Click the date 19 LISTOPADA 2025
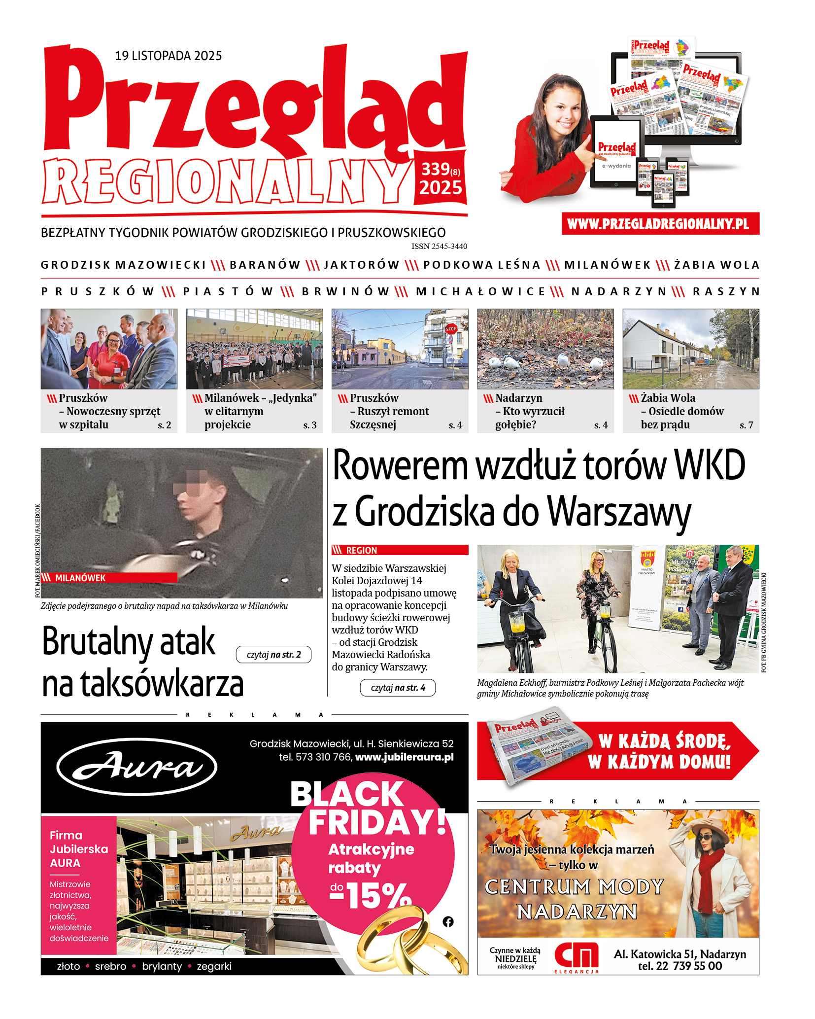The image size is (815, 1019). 168,56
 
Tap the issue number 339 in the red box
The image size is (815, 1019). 435,170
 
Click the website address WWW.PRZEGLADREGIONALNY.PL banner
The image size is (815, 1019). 660,224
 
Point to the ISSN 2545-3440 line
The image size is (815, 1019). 439,246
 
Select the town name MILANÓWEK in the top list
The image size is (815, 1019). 607,265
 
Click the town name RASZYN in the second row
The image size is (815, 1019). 726,292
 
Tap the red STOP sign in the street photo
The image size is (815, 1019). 451,329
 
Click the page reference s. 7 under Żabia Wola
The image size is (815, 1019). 746,425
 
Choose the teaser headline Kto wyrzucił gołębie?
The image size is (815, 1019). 530,418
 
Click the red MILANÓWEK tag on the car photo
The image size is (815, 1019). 80,578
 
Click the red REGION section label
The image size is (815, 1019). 361,550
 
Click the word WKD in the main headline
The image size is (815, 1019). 710,466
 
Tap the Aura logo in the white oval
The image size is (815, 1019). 136,767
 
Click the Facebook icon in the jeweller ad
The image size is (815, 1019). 448,921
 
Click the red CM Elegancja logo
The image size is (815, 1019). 577,956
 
